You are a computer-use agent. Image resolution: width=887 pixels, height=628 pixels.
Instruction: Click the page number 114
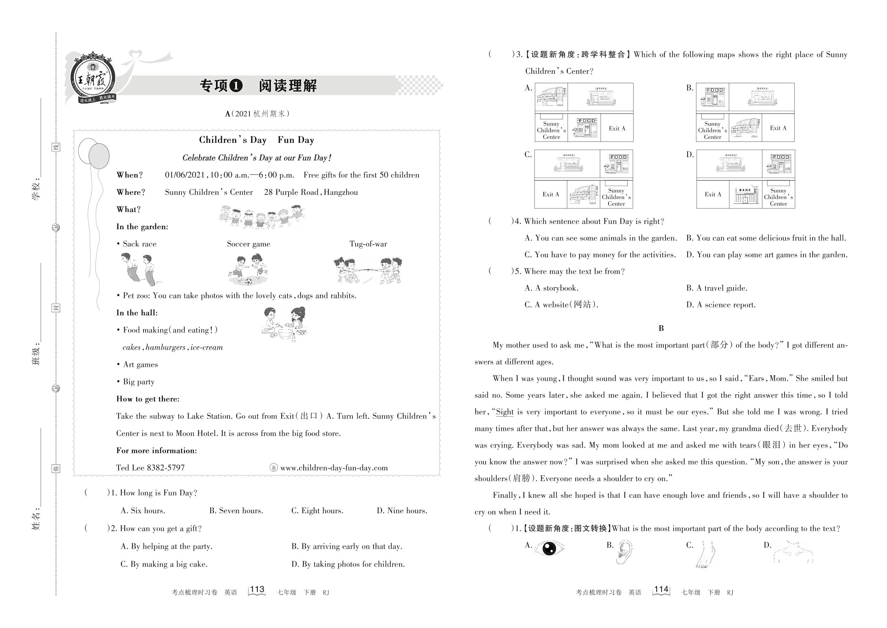pyautogui.click(x=661, y=589)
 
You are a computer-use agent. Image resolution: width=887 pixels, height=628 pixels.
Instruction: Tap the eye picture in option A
pyautogui.click(x=549, y=548)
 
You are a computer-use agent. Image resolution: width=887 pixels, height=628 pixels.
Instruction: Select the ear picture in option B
pyautogui.click(x=624, y=552)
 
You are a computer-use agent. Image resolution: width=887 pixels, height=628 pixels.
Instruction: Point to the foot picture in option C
pyautogui.click(x=706, y=553)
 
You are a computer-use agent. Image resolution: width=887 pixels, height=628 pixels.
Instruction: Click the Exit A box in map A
pyautogui.click(x=617, y=128)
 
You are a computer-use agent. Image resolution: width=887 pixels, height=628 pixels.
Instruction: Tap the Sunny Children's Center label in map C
pyautogui.click(x=616, y=197)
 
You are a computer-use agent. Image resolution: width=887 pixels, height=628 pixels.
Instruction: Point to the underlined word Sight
pyautogui.click(x=505, y=412)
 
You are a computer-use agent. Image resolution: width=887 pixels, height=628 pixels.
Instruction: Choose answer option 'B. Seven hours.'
pyautogui.click(x=236, y=511)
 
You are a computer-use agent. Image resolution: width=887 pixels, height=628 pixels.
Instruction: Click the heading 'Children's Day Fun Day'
pyautogui.click(x=256, y=140)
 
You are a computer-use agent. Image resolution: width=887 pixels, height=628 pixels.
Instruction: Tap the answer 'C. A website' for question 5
pyautogui.click(x=561, y=305)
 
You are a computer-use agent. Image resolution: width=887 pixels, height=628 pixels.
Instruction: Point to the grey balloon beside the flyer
pyautogui.click(x=99, y=156)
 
